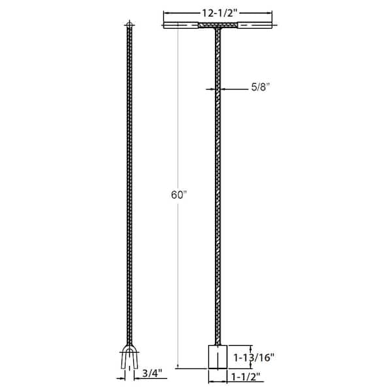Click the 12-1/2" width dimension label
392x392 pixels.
click(x=218, y=12)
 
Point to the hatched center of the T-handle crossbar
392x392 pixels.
click(x=218, y=27)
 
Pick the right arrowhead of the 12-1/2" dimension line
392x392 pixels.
click(x=269, y=13)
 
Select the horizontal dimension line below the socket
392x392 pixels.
click(x=218, y=377)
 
